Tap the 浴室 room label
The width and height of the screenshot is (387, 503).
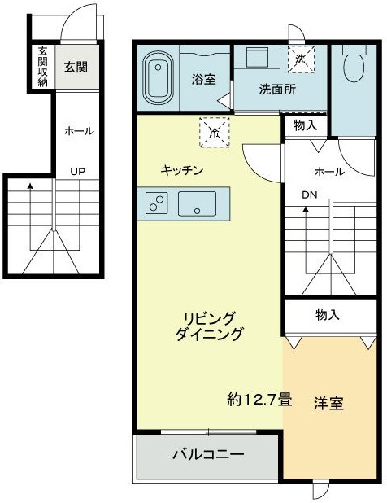click(x=203, y=81)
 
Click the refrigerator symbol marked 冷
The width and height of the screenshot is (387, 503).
click(x=215, y=130)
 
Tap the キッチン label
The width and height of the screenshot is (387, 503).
click(x=181, y=170)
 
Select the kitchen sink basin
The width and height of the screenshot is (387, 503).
click(x=197, y=203)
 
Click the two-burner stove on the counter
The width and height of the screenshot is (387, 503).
click(x=156, y=203)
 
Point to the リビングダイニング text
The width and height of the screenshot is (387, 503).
click(x=210, y=325)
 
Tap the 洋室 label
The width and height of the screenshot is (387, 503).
click(x=328, y=403)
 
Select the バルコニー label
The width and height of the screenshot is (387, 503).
click(x=207, y=454)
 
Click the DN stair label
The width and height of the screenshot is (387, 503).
click(x=310, y=195)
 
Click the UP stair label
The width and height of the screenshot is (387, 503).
click(x=78, y=172)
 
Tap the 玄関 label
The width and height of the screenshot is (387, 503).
click(x=77, y=67)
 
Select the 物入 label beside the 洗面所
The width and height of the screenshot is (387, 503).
click(x=306, y=125)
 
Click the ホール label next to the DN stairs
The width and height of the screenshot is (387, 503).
click(x=329, y=172)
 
